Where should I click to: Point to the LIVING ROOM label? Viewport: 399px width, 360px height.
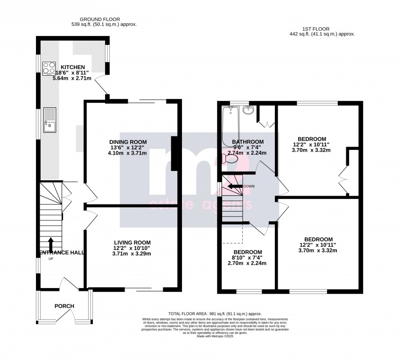133,242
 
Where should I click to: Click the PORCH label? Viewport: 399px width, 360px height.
64,306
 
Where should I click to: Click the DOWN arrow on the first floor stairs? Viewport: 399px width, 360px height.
235,186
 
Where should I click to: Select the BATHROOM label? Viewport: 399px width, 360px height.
248,142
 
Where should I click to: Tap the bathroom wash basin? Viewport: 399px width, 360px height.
248,110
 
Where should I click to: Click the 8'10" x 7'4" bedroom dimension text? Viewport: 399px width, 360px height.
248,257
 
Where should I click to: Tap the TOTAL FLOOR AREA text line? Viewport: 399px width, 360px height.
215,314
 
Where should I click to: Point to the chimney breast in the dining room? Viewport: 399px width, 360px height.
174,154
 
